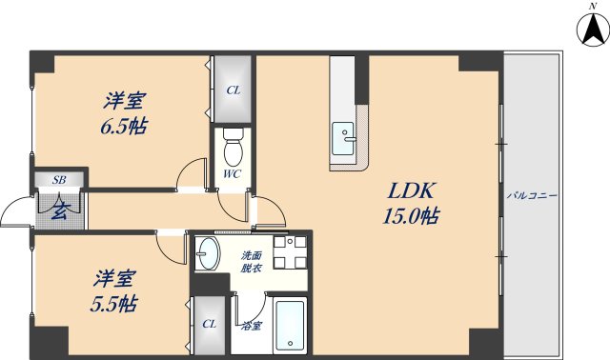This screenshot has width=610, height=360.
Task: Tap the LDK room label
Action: (406, 190)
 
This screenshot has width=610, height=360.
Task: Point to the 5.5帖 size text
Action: (115, 305)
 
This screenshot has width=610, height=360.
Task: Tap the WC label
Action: (232, 174)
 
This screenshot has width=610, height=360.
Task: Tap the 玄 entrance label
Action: (59, 209)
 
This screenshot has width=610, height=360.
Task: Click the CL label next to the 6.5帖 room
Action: (233, 91)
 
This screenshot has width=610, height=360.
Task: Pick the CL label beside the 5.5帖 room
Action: (209, 324)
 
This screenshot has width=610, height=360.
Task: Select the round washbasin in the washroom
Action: (209, 253)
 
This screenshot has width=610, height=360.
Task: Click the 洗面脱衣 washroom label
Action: (251, 262)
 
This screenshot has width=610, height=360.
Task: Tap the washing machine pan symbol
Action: (289, 252)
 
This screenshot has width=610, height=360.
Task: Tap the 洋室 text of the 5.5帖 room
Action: (114, 279)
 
